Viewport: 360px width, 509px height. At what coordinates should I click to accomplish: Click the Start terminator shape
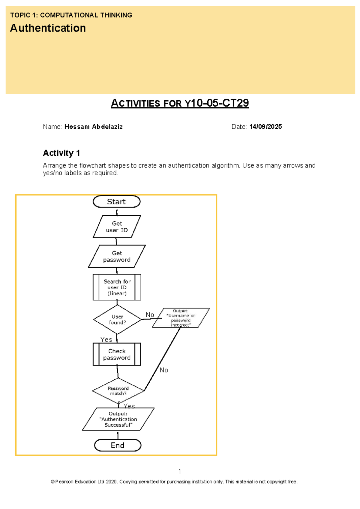(116, 202)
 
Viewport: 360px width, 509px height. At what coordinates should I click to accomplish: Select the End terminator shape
(118, 445)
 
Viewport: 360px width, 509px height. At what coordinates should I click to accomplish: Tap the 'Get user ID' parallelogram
(117, 227)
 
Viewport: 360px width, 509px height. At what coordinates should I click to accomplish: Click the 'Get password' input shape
(117, 256)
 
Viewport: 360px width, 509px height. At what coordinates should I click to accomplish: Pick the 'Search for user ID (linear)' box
(117, 287)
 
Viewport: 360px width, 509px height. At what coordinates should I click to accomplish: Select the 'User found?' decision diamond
(117, 320)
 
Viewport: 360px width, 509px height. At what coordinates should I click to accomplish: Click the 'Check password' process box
(117, 354)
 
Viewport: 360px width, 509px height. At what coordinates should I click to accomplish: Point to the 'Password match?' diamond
(118, 391)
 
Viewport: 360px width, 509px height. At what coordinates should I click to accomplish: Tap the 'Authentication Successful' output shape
(118, 419)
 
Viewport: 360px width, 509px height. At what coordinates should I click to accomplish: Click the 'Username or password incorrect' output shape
(181, 318)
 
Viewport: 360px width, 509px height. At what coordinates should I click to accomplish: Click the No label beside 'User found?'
(150, 315)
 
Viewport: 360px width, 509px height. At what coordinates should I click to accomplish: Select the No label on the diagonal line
(164, 370)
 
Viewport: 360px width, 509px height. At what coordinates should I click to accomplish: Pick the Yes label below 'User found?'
(106, 339)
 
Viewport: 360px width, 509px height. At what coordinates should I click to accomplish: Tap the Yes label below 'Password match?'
(129, 406)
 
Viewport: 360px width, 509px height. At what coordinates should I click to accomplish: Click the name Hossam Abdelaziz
(93, 127)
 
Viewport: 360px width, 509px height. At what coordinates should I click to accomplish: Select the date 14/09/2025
(265, 127)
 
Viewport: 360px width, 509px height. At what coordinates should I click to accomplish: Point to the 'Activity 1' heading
(61, 153)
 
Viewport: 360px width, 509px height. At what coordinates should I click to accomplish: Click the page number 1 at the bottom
(180, 471)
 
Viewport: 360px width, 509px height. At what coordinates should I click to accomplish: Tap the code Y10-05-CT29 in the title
(217, 103)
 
